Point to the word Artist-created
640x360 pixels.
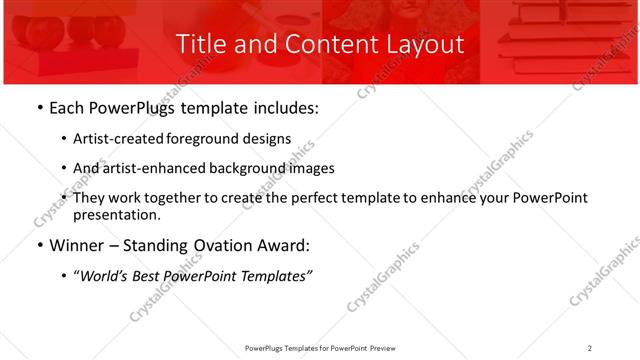tap(118, 139)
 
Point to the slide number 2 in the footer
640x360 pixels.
tap(590, 348)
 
